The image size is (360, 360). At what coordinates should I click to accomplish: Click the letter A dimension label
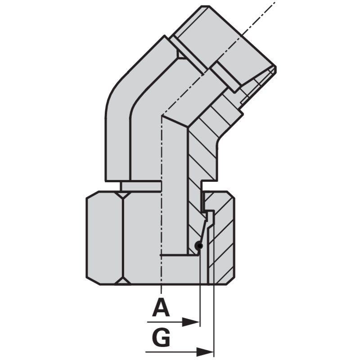(161, 307)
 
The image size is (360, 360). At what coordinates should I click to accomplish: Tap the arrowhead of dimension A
(191, 322)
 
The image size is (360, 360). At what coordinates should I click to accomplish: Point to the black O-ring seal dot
(198, 246)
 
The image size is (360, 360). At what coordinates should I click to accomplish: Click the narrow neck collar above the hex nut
(141, 186)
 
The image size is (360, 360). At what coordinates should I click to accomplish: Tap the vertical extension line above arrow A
(200, 287)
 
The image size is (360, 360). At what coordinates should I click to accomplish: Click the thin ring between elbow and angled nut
(189, 55)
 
